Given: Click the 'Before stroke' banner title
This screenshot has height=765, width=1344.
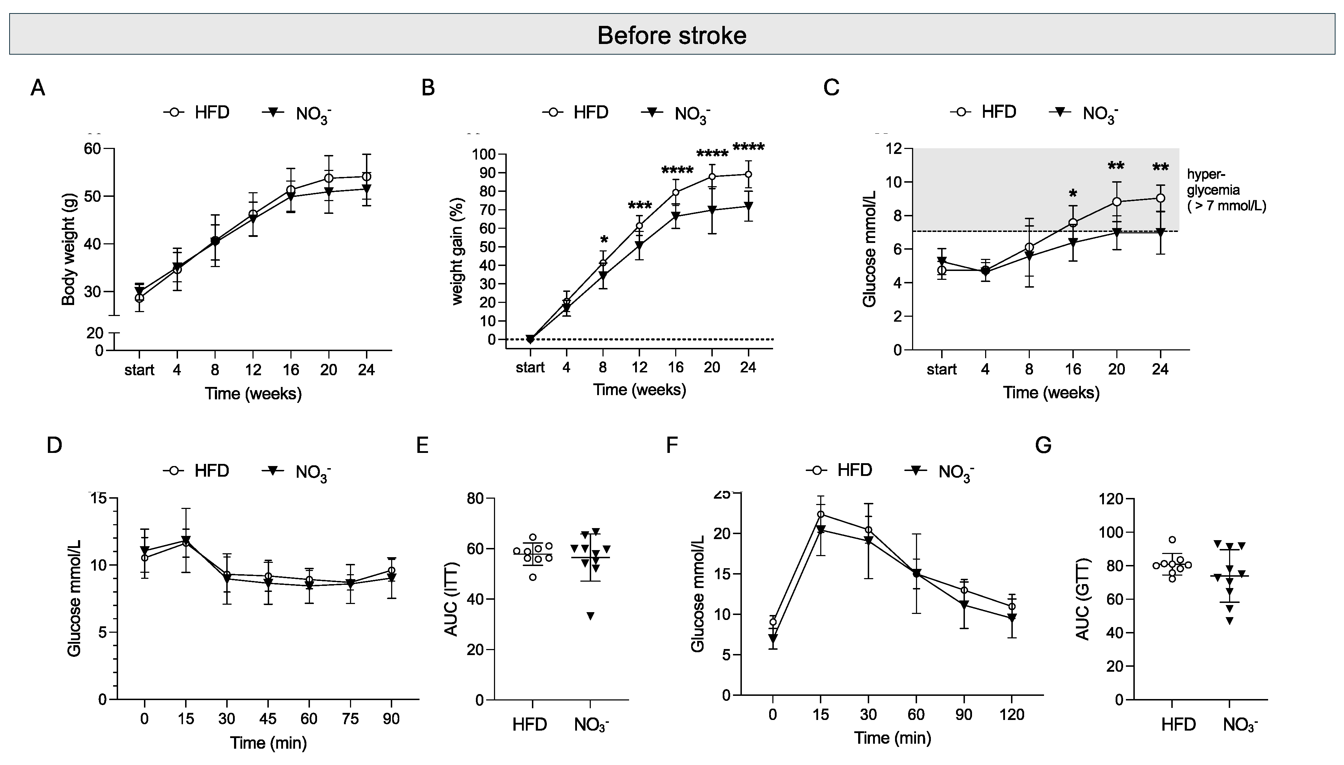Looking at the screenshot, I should point(672,35).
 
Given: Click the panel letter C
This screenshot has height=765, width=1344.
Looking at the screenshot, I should point(831,87).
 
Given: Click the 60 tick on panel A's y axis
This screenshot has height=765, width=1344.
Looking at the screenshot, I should point(93,149).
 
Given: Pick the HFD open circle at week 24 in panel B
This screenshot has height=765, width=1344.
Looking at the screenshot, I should point(748,174).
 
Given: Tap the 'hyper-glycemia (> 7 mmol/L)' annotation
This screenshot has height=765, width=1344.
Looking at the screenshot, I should point(1226,190).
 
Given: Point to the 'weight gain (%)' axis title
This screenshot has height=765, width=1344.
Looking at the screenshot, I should point(458,251).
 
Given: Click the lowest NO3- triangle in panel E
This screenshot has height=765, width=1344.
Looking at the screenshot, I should point(590,616).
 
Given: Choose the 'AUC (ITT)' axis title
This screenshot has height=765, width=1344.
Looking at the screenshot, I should point(452,599).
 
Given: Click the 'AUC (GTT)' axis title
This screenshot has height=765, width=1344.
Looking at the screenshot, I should point(1083,599).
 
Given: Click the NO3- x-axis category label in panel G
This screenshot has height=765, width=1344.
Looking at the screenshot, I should point(1240,725).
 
